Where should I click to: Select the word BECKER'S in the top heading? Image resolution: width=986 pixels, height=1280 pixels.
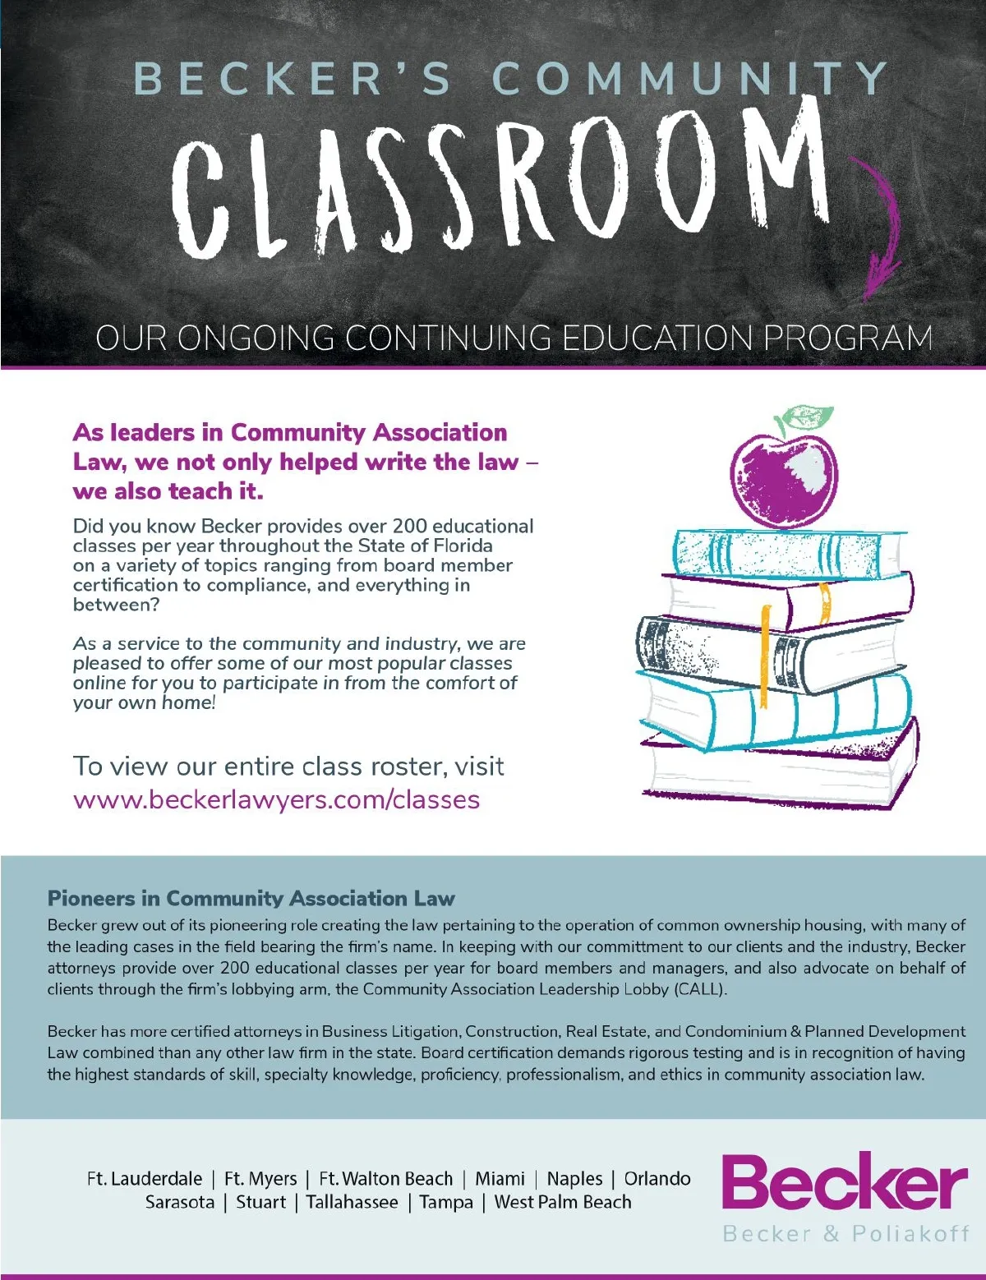(x=293, y=80)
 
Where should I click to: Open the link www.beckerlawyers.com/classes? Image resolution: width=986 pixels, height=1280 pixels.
(x=276, y=799)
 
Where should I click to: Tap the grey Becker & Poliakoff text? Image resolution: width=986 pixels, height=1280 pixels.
(x=845, y=1233)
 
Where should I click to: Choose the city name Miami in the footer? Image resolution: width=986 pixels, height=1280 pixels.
(x=500, y=1179)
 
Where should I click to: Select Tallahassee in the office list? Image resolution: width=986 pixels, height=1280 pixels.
(x=352, y=1202)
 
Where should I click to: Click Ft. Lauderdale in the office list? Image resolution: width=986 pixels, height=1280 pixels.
(x=145, y=1179)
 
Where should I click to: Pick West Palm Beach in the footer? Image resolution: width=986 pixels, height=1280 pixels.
(x=563, y=1202)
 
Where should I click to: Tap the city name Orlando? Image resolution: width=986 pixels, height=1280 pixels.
(x=657, y=1179)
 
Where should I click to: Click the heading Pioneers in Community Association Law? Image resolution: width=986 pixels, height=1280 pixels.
(x=251, y=898)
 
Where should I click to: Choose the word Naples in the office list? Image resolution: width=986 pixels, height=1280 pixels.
(x=574, y=1179)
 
